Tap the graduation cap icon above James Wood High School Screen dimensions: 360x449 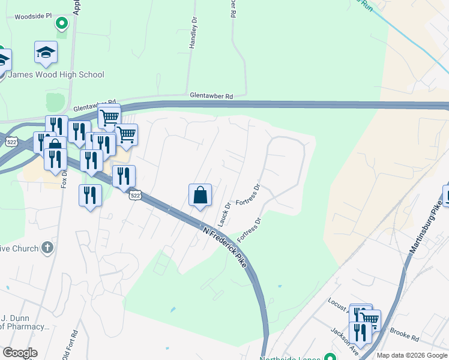(46, 53)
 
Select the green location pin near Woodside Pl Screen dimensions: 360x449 (61, 24)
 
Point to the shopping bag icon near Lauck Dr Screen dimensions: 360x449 (200, 196)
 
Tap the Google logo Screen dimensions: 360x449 (20, 353)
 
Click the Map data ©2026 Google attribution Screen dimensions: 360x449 (411, 355)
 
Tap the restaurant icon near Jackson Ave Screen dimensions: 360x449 (360, 331)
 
